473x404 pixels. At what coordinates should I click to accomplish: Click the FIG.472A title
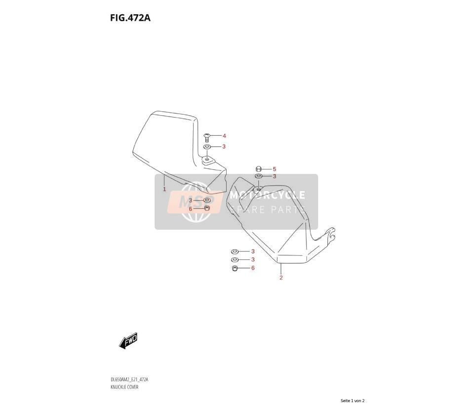(130, 18)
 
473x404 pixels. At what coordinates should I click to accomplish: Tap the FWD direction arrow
(128, 341)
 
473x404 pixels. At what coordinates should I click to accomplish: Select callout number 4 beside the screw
(224, 136)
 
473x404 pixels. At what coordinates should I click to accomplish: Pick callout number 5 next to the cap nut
(274, 169)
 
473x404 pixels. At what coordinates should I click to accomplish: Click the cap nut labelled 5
(258, 169)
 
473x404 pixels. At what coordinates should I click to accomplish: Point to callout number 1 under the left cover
(164, 190)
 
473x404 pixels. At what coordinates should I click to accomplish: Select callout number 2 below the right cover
(281, 278)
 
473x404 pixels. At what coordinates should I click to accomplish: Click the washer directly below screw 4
(207, 147)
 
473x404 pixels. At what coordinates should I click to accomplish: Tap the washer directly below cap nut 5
(259, 176)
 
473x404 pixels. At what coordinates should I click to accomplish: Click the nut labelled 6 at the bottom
(235, 268)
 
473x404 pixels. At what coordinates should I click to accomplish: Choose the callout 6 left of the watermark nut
(191, 209)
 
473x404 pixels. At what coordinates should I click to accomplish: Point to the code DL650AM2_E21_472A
(129, 380)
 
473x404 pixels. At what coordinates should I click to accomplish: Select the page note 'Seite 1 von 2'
(353, 401)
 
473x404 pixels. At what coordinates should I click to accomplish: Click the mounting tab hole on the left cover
(207, 159)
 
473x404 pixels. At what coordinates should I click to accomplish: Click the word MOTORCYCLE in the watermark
(268, 195)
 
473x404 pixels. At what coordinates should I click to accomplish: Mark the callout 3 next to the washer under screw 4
(224, 147)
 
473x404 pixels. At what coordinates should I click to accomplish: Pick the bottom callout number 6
(253, 268)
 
